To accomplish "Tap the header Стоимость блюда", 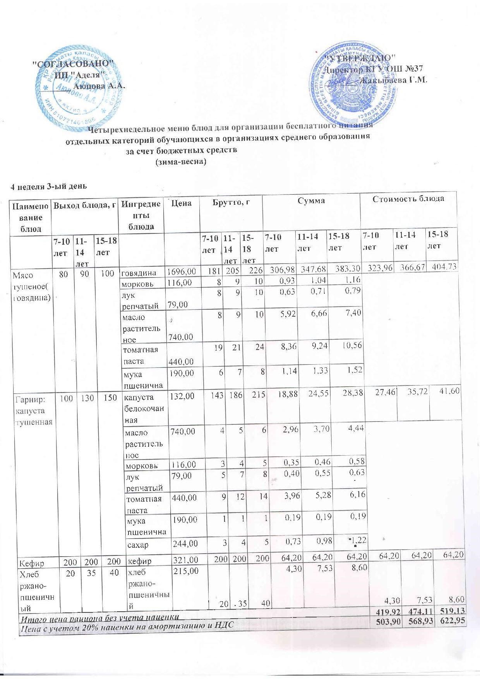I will [x=408, y=199].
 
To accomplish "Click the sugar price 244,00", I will [x=185, y=544].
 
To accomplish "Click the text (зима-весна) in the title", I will [x=180, y=162].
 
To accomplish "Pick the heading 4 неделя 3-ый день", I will [x=48, y=186].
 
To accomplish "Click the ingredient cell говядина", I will [x=139, y=273].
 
